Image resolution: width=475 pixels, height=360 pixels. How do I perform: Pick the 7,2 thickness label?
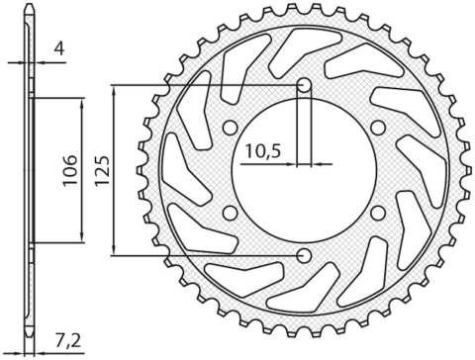coord(69,341)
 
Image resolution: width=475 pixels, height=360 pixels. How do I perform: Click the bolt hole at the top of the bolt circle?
coord(304,85)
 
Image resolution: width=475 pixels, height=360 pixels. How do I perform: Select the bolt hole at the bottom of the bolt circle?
coord(304,256)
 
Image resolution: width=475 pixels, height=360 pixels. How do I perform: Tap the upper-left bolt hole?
coord(230,128)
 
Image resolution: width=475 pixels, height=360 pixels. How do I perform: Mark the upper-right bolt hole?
coord(378,128)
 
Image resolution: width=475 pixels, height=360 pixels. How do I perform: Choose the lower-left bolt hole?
coord(230,214)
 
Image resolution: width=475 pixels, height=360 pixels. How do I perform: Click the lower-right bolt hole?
coord(378,214)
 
